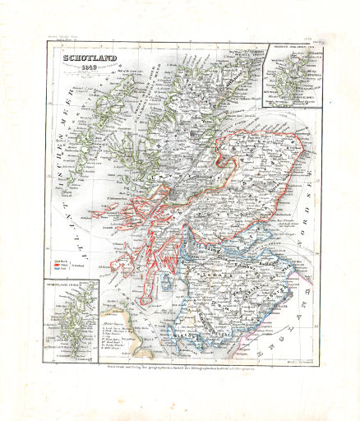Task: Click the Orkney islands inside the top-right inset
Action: (288, 82)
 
